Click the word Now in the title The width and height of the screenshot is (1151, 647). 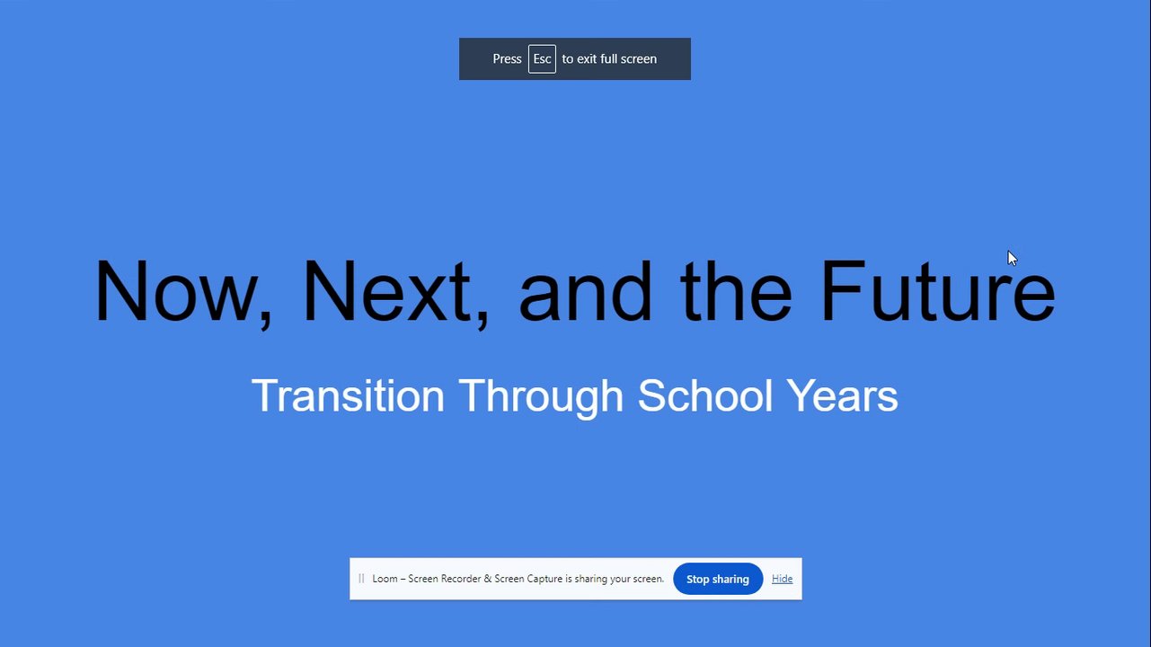tap(176, 291)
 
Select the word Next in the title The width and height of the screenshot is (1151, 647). tap(387, 291)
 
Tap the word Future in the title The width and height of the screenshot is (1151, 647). tap(938, 291)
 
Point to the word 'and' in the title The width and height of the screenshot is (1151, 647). tap(585, 291)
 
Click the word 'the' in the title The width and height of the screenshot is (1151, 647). tap(736, 291)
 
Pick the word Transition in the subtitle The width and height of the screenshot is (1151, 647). tap(348, 395)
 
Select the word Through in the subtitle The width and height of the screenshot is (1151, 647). tap(541, 398)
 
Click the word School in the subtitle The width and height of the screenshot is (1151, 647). tap(705, 395)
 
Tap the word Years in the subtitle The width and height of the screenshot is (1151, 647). tap(842, 395)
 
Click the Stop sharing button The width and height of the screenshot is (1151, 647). tap(718, 579)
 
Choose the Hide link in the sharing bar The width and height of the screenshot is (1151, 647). tap(782, 579)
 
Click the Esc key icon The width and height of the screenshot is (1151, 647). tap(542, 59)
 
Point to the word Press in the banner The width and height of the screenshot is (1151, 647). tap(507, 59)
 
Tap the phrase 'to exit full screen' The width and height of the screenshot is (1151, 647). tap(609, 59)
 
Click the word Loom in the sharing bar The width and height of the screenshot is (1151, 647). tap(385, 579)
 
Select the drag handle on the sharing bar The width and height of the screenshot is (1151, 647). tap(361, 579)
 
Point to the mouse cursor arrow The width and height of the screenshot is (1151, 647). tap(1012, 258)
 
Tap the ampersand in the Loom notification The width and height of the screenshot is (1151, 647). tap(488, 579)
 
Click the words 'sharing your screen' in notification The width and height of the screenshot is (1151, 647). tap(619, 580)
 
